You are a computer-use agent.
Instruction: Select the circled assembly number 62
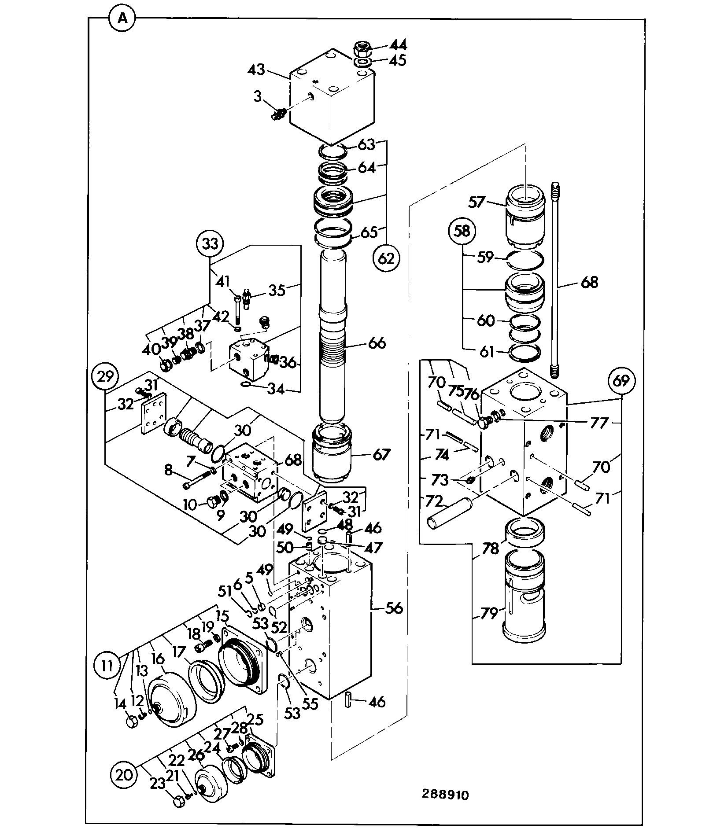pos(386,258)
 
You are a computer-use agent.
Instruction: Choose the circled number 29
pos(104,377)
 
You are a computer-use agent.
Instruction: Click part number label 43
pos(256,70)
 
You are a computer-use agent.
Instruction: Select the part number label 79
pos(488,613)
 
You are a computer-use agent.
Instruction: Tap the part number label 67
pos(381,454)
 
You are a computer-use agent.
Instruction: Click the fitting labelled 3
pos(279,115)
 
